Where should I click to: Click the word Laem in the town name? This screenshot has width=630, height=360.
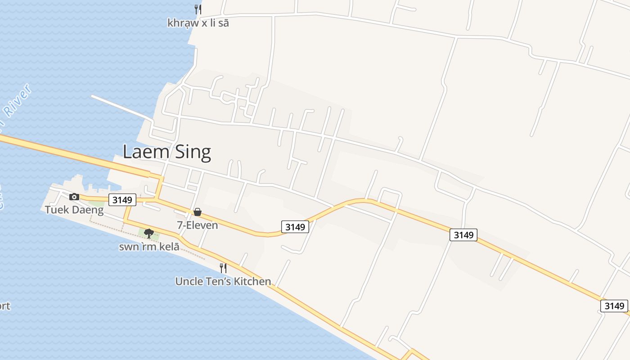145,152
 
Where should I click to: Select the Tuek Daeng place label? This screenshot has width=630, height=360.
74,210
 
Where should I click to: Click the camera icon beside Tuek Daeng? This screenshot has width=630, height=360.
74,197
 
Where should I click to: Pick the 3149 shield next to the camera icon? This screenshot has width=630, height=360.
122,199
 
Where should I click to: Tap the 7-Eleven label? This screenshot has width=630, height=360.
198,225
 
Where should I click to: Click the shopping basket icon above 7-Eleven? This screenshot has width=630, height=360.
197,212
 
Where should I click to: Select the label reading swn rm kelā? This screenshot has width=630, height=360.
149,247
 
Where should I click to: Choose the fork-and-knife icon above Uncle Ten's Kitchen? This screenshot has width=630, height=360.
223,268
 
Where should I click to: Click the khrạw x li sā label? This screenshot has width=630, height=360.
198,23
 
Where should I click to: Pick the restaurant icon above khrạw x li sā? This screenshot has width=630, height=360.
197,9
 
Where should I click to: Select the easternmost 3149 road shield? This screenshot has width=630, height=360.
614,306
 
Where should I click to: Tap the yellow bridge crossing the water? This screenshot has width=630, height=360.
67,153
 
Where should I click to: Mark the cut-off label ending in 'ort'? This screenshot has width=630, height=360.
4,306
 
